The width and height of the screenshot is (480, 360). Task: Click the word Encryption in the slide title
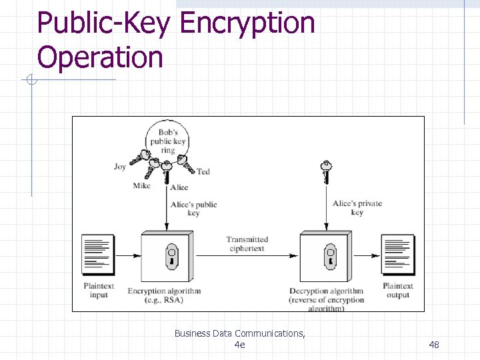point(247,23)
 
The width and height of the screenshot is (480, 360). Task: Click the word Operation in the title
point(100,57)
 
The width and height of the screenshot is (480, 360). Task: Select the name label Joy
point(120,167)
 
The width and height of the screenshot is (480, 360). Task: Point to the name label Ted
point(203,172)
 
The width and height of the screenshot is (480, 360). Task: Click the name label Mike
point(141,186)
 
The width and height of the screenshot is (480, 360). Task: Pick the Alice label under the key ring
point(179,188)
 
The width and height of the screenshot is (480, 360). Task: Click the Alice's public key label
point(193,209)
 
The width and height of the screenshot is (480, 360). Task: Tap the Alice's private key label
point(357,207)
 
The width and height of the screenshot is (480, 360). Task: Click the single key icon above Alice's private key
point(326,170)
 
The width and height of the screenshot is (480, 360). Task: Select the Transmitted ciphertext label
point(247,244)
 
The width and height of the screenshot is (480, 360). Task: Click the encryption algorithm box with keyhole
point(167,257)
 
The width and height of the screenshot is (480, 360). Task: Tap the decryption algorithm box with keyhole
point(326,257)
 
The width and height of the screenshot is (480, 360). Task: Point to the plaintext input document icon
point(97,255)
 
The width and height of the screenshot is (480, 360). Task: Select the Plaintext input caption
point(99,291)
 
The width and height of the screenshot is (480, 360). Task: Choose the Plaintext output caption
point(398,291)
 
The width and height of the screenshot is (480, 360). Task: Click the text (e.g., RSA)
point(164,300)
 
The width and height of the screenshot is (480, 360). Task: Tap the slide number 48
point(434,344)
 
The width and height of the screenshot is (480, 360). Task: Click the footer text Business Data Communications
point(239,333)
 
